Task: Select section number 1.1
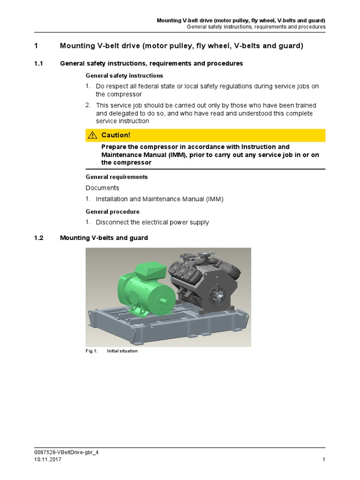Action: [38, 63]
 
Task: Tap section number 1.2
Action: [38, 238]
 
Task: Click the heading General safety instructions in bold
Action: [124, 75]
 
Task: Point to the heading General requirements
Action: [117, 177]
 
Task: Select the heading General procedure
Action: [112, 211]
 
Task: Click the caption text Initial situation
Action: [122, 351]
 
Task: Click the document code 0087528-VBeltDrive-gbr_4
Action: [67, 453]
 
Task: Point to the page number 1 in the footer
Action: [324, 460]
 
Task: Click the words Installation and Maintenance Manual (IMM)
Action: [160, 199]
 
